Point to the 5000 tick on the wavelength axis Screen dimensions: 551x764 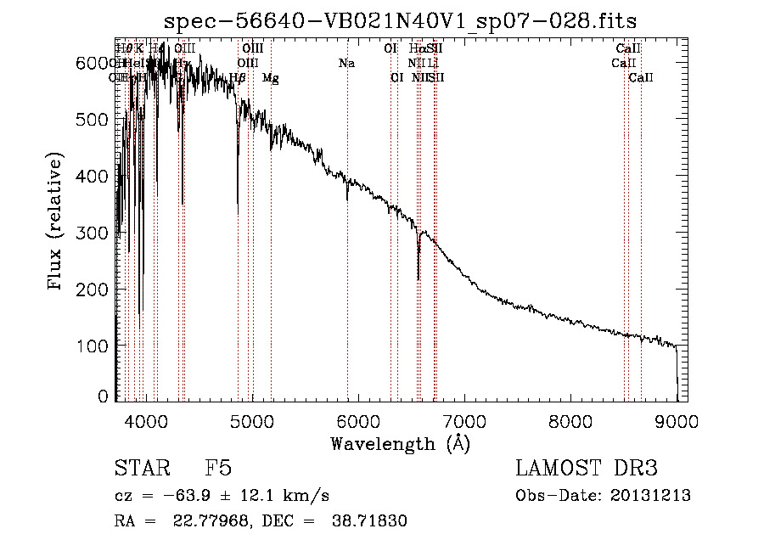point(251,419)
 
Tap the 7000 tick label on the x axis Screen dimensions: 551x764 point(464,419)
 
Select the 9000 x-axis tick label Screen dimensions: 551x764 point(677,419)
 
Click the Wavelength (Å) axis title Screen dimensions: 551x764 point(400,443)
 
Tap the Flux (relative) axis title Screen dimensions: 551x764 point(57,223)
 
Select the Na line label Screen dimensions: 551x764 point(346,64)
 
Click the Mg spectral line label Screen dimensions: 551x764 point(270,78)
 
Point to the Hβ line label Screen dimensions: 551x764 point(238,78)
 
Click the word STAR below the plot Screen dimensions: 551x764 point(141,469)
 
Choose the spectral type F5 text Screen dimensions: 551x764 point(219,469)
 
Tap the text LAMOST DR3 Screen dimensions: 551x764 point(586,469)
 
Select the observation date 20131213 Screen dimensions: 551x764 point(652,496)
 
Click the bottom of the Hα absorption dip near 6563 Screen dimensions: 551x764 point(418,278)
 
